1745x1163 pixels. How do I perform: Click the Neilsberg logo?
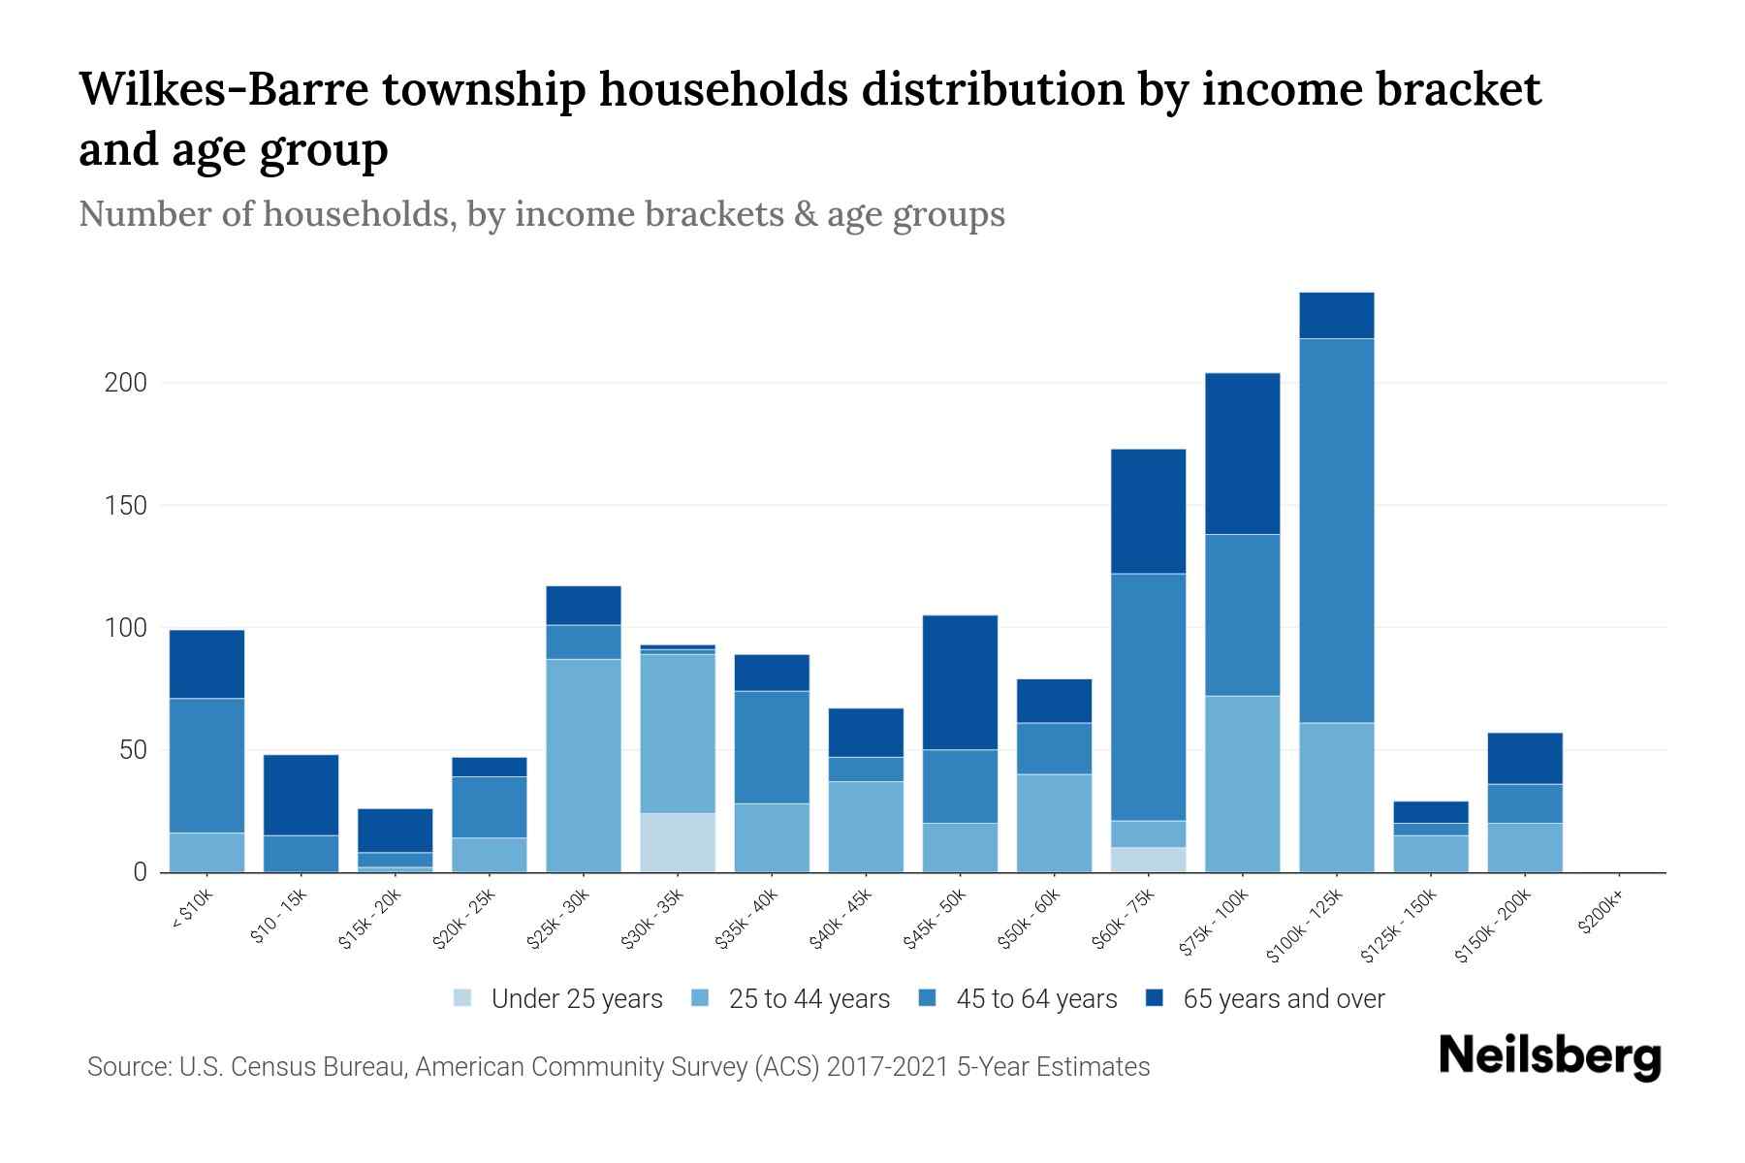pos(1549,1056)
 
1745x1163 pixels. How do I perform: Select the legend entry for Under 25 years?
pos(558,999)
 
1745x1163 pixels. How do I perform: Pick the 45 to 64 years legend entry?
pos(1018,999)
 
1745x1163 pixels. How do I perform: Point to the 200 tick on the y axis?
pos(126,383)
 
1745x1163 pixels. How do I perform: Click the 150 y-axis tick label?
pos(126,506)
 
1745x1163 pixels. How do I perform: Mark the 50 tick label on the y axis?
pos(132,750)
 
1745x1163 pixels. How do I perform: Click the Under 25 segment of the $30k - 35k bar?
pos(678,842)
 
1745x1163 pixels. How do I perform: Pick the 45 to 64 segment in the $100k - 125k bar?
pos(1337,530)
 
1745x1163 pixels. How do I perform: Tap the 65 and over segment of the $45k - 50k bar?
pos(960,682)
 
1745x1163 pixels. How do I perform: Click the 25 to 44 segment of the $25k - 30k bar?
pos(584,766)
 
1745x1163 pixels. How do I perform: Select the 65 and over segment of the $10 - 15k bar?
pos(301,795)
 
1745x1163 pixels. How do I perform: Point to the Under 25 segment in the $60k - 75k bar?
pos(1148,860)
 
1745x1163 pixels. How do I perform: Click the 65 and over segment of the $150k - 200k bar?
pos(1525,758)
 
